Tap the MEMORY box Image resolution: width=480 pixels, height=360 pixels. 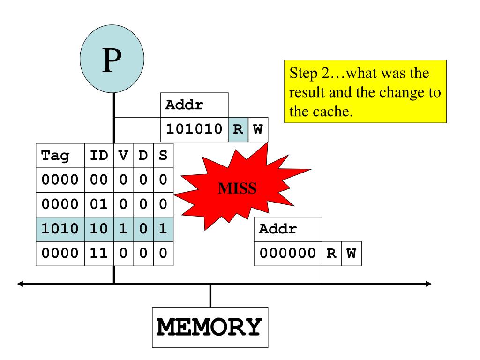(210, 327)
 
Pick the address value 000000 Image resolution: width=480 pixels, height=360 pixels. (288, 254)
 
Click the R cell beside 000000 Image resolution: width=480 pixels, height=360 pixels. (331, 254)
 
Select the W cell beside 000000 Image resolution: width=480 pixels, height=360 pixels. (351, 254)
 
